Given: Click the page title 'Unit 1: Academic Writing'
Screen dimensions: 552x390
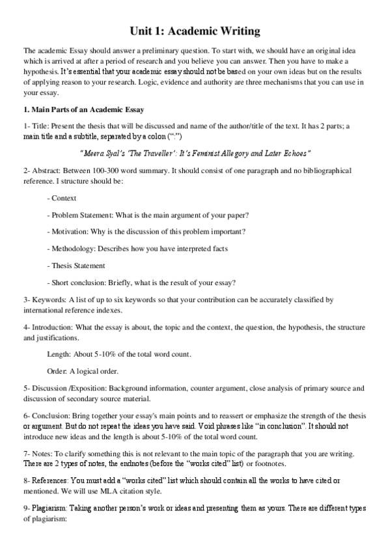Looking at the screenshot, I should [195, 31].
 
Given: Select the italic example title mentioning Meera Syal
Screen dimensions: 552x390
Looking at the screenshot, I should [195, 153].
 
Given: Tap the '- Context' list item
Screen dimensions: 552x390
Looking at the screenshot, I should [62, 198].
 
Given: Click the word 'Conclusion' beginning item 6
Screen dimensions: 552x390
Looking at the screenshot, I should [52, 415].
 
